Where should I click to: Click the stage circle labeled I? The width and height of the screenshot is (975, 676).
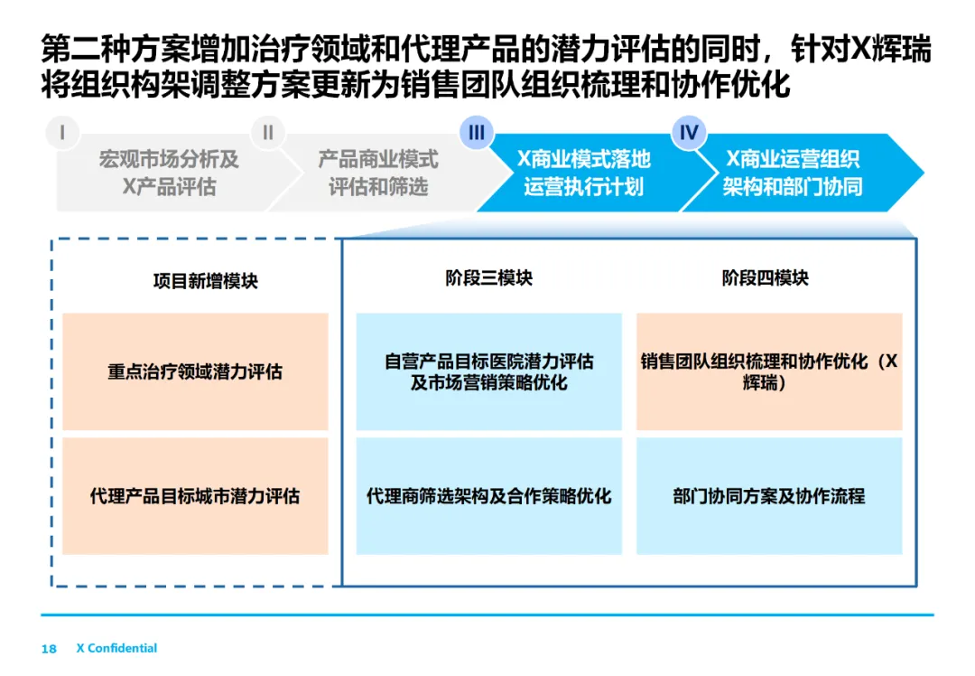point(61,133)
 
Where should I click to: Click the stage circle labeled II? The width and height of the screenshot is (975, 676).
point(267,133)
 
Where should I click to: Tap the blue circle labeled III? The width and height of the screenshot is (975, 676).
point(477,133)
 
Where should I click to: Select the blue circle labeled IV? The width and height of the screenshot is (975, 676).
point(689,133)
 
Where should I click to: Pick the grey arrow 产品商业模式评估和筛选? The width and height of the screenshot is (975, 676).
point(377,174)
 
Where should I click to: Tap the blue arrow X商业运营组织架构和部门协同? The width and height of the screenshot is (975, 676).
point(793,174)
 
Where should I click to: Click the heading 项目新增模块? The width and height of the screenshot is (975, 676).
point(205,281)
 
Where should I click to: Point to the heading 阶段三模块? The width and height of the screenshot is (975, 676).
point(488,278)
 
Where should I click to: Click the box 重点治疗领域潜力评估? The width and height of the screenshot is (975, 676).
point(195,371)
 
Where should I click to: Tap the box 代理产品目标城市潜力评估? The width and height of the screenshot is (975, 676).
point(195,496)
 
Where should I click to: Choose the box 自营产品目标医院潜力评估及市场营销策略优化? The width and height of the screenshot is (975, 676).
point(488,371)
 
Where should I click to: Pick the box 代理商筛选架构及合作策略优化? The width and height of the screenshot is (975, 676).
point(488,496)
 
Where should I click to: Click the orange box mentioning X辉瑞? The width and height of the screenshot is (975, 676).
point(769,371)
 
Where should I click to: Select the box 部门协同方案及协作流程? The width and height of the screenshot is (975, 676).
point(769,496)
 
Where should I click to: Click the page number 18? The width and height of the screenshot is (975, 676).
point(49,649)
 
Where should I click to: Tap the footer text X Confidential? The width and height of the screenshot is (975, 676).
point(116,648)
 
